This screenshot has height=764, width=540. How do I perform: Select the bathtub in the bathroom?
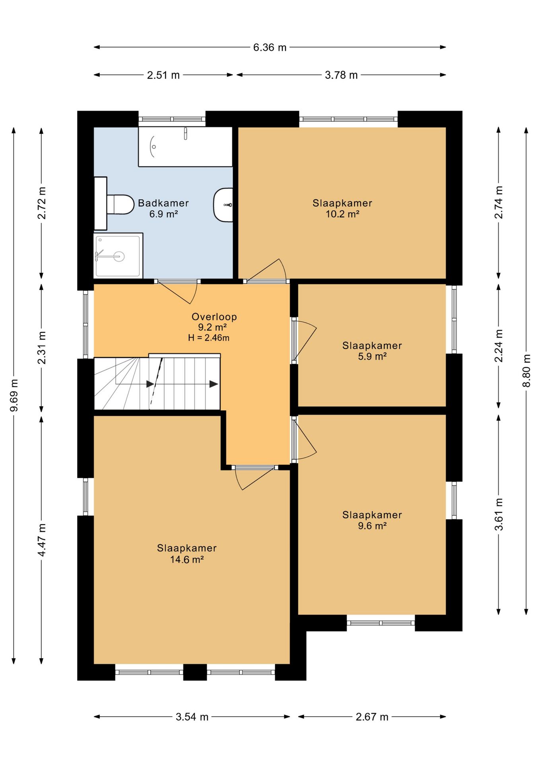point(185,146)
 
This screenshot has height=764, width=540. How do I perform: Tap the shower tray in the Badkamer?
point(118,255)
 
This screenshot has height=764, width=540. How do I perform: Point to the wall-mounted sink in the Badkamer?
point(223,205)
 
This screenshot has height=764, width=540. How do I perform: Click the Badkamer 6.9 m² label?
point(163,209)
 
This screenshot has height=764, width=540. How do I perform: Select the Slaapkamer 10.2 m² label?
point(342,209)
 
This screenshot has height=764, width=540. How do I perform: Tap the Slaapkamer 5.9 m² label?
point(372,351)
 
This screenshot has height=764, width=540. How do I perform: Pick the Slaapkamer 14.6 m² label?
point(187,554)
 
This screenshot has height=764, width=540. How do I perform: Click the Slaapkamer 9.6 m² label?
point(372,520)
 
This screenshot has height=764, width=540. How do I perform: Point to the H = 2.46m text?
point(209,338)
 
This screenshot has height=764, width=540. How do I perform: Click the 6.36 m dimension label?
point(270,47)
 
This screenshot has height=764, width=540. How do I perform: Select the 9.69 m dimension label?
point(14,395)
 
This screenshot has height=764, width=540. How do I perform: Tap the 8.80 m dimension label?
point(526,370)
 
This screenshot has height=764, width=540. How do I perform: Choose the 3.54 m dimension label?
point(192,717)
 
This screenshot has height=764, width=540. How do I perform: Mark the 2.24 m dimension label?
point(499,346)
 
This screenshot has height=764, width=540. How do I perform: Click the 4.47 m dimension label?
point(42,540)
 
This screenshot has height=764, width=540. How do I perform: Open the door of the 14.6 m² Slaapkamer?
point(254,477)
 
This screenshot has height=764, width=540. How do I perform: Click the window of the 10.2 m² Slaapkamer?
point(348,119)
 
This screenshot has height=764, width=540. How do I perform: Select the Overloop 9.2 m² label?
point(214,322)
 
